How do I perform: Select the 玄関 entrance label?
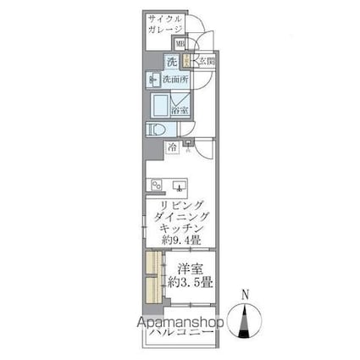point(206,61)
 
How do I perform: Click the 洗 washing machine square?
point(171,61)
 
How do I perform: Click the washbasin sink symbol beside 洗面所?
point(152,80)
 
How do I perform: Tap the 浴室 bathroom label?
point(180,110)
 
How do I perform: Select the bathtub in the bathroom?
point(162,104)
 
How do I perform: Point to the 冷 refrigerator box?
point(171,147)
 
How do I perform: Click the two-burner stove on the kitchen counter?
point(155,186)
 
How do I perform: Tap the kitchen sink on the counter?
point(179,185)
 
